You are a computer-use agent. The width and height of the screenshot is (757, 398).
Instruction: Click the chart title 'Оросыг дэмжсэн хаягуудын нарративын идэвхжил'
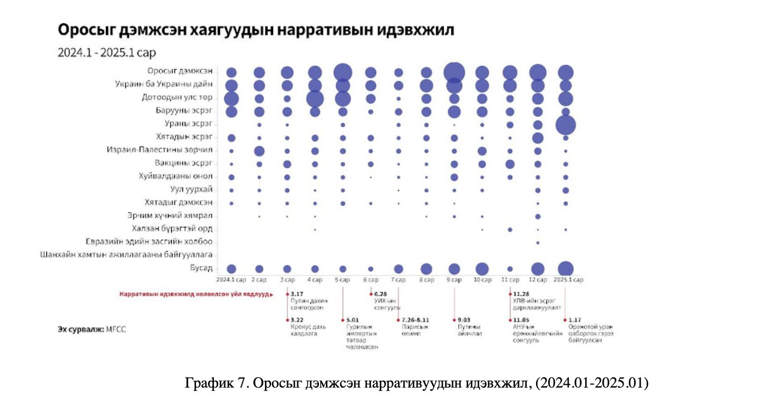(255, 30)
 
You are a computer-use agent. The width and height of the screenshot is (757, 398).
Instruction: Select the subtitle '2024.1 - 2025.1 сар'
(106, 53)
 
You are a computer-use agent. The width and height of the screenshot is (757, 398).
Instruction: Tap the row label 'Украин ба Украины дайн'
(164, 84)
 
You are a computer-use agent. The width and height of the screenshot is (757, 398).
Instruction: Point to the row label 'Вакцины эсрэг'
(184, 163)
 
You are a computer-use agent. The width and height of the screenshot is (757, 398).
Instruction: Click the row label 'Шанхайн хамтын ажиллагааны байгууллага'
(126, 255)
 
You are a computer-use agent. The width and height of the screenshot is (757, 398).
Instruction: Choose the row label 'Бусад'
(201, 268)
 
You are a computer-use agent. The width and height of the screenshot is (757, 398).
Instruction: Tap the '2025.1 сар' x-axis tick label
(568, 280)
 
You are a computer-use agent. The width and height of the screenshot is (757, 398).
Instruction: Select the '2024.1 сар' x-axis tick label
(231, 280)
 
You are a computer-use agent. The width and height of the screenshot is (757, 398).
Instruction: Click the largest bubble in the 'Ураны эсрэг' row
(565, 125)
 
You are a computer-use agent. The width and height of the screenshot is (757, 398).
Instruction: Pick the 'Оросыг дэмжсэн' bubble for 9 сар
(454, 72)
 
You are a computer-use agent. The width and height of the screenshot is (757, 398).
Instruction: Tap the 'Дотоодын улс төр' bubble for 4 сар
(315, 99)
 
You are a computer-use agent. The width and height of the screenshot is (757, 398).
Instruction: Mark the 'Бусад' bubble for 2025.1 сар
(565, 269)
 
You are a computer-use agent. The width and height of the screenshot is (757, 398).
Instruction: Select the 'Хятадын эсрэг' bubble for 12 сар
(537, 138)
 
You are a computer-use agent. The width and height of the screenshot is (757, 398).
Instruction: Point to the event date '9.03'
(464, 320)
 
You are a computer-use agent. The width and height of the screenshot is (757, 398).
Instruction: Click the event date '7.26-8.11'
(415, 320)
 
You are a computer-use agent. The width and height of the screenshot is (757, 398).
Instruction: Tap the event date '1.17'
(574, 320)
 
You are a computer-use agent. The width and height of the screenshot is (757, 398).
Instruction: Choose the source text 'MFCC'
(116, 329)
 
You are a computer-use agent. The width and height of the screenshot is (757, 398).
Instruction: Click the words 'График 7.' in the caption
(217, 382)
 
